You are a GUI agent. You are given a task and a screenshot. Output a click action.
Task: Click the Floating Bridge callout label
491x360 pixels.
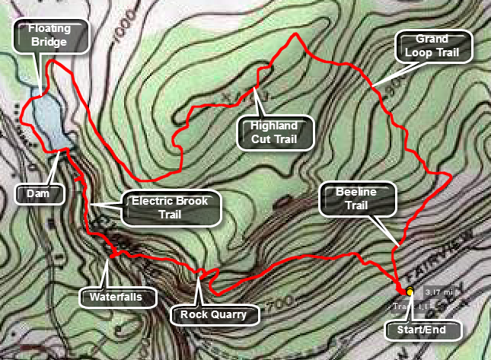(50, 35)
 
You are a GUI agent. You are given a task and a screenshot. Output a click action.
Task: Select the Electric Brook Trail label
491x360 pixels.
(171, 208)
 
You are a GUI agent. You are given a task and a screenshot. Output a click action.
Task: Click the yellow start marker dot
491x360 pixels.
(410, 292)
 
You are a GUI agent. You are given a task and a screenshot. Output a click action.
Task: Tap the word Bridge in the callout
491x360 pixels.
(50, 43)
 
